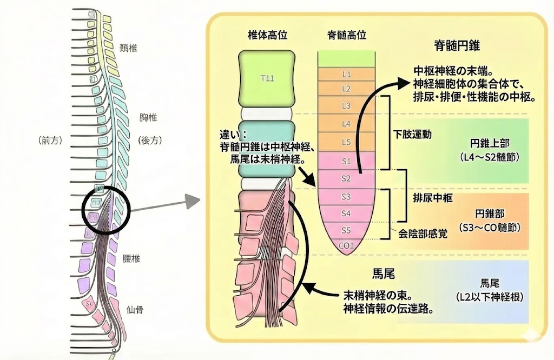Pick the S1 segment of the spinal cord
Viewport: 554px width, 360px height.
tap(347, 161)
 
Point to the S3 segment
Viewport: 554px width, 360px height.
tap(347, 196)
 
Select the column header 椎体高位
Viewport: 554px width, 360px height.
tap(267, 35)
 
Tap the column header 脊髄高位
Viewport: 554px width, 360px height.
tap(347, 35)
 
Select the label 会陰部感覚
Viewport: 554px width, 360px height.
tap(423, 235)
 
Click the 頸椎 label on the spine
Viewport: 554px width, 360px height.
tap(129, 48)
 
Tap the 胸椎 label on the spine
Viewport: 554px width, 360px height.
tap(140, 117)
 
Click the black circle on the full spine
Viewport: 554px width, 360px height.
tap(106, 210)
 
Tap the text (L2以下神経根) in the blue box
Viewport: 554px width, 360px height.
tap(486, 298)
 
